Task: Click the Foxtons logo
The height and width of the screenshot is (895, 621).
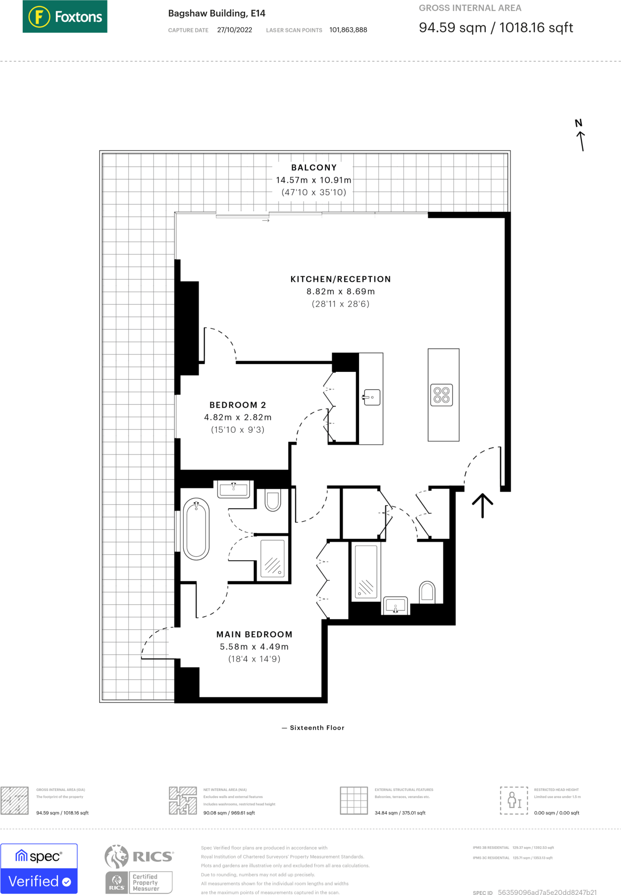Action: pyautogui.click(x=65, y=17)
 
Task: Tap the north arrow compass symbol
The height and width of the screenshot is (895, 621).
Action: pyautogui.click(x=580, y=135)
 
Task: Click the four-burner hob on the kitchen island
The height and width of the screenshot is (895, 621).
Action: pyautogui.click(x=442, y=395)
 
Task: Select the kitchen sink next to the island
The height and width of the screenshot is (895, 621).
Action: pyautogui.click(x=372, y=397)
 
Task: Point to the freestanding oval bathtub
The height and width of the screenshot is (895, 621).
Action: pyautogui.click(x=196, y=529)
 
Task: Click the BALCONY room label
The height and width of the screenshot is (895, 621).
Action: pyautogui.click(x=314, y=168)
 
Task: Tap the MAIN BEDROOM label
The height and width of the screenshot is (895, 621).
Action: pyautogui.click(x=254, y=634)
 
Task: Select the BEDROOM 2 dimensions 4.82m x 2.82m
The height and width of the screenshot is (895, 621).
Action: pyautogui.click(x=238, y=417)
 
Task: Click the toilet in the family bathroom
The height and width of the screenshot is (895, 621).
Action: pyautogui.click(x=427, y=592)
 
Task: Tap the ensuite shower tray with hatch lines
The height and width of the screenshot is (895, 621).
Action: pyautogui.click(x=273, y=559)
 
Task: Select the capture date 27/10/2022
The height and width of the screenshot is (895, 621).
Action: pyautogui.click(x=235, y=30)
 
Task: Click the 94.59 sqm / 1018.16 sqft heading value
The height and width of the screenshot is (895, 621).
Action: pyautogui.click(x=496, y=28)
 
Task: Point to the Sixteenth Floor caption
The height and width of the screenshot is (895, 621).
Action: pyautogui.click(x=317, y=728)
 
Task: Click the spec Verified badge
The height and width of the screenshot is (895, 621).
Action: pyautogui.click(x=39, y=868)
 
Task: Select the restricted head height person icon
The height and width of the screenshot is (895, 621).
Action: pyautogui.click(x=514, y=800)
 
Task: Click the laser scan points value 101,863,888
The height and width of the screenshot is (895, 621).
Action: pyautogui.click(x=348, y=30)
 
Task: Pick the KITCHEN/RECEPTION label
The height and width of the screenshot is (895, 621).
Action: pyautogui.click(x=341, y=279)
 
